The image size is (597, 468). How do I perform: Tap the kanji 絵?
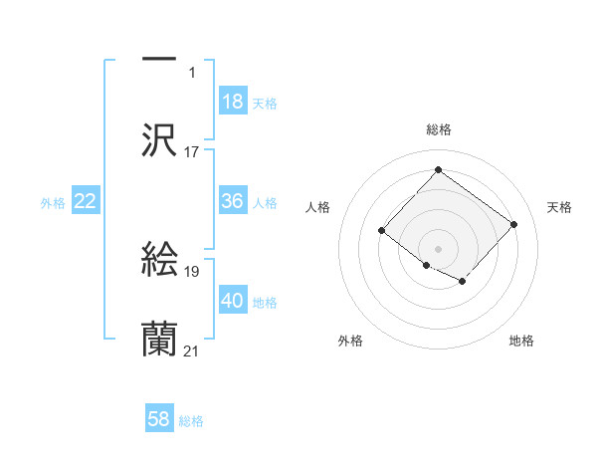[159, 261]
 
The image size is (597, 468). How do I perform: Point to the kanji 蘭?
[159, 340]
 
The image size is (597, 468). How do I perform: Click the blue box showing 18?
[233, 102]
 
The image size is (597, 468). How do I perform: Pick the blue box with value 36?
[233, 201]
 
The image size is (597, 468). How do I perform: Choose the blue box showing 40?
[233, 301]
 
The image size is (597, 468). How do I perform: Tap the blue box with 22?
[86, 201]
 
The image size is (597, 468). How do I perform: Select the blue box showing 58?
[159, 419]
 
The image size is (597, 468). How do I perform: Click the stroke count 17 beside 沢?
[192, 152]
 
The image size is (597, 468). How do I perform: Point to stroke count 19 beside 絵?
[192, 271]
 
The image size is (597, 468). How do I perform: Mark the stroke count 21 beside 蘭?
[192, 351]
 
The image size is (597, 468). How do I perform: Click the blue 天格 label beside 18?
[265, 103]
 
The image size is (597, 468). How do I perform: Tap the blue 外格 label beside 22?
[53, 202]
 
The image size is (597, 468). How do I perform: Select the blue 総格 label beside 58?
[191, 420]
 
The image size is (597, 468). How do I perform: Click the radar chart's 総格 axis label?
[438, 129]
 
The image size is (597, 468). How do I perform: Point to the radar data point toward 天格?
[513, 224]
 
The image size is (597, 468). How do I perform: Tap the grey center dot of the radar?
[438, 248]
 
